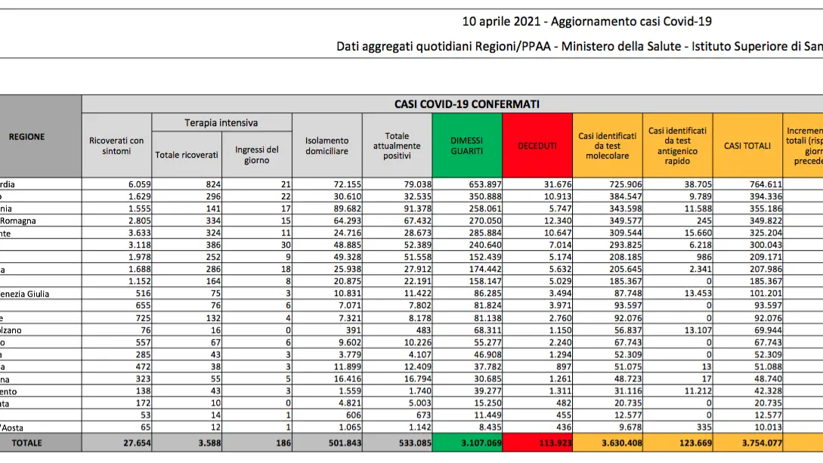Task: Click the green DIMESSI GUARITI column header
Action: click(x=467, y=146)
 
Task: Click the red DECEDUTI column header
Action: click(x=537, y=146)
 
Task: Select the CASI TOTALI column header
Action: click(x=747, y=146)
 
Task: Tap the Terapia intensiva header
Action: click(x=221, y=122)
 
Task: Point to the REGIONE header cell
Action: click(x=27, y=137)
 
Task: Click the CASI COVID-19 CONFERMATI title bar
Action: click(x=466, y=104)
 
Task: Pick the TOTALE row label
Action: click(x=27, y=443)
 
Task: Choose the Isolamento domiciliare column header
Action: click(x=326, y=146)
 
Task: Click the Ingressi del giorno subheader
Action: click(x=256, y=155)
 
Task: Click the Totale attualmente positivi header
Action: click(x=397, y=146)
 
